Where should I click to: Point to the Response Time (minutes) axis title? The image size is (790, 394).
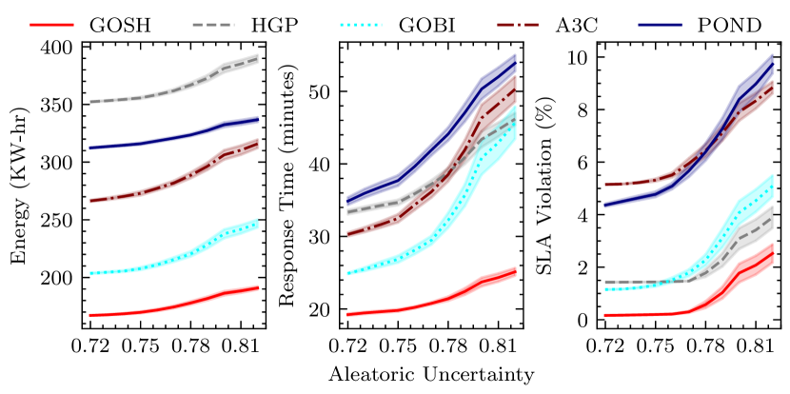(286, 185)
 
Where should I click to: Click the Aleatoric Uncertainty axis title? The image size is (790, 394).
(431, 375)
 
